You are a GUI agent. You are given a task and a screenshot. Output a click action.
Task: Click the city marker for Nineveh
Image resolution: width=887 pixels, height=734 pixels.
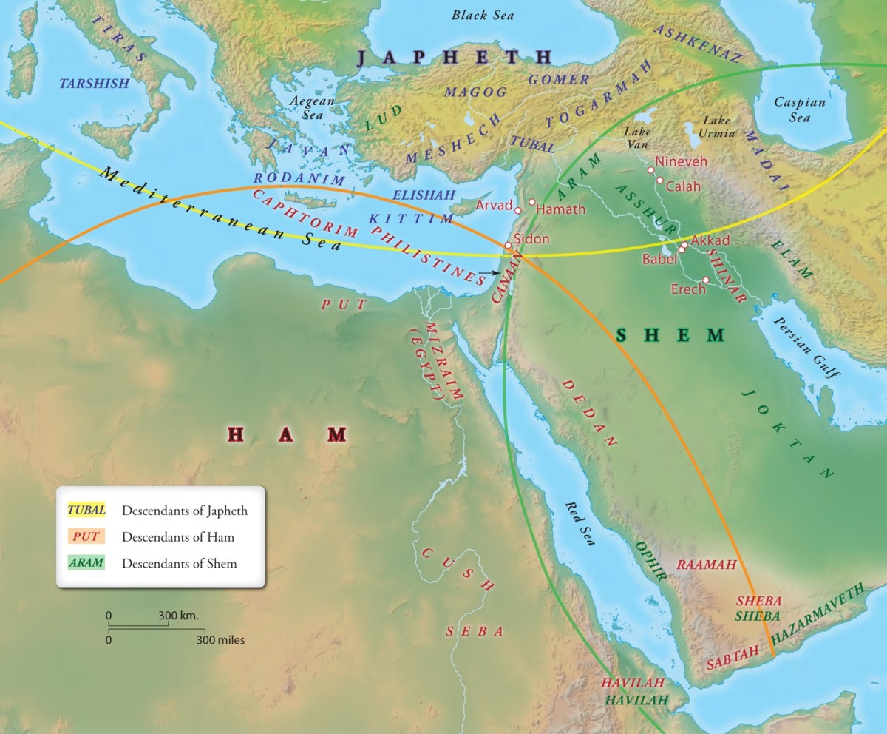(651, 170)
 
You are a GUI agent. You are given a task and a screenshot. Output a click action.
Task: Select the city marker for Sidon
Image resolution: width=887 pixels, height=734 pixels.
(507, 246)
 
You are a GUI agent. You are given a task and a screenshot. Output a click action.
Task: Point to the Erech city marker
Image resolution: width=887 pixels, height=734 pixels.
(706, 280)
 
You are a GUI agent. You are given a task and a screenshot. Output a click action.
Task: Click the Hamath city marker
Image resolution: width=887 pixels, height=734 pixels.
(531, 201)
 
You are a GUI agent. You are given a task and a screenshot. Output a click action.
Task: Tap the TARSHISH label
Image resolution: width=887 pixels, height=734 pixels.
(94, 84)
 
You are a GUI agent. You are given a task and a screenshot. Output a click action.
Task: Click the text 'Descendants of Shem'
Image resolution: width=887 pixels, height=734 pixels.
(180, 563)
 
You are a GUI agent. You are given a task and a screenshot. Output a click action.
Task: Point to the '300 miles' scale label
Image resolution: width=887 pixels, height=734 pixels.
(220, 639)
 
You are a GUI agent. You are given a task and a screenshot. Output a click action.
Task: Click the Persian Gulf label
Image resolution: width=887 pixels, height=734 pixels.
(806, 347)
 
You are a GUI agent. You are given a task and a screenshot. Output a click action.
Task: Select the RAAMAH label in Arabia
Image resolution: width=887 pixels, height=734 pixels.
(707, 565)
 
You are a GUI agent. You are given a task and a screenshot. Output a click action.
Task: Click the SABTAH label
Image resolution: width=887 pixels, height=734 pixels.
(733, 657)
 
